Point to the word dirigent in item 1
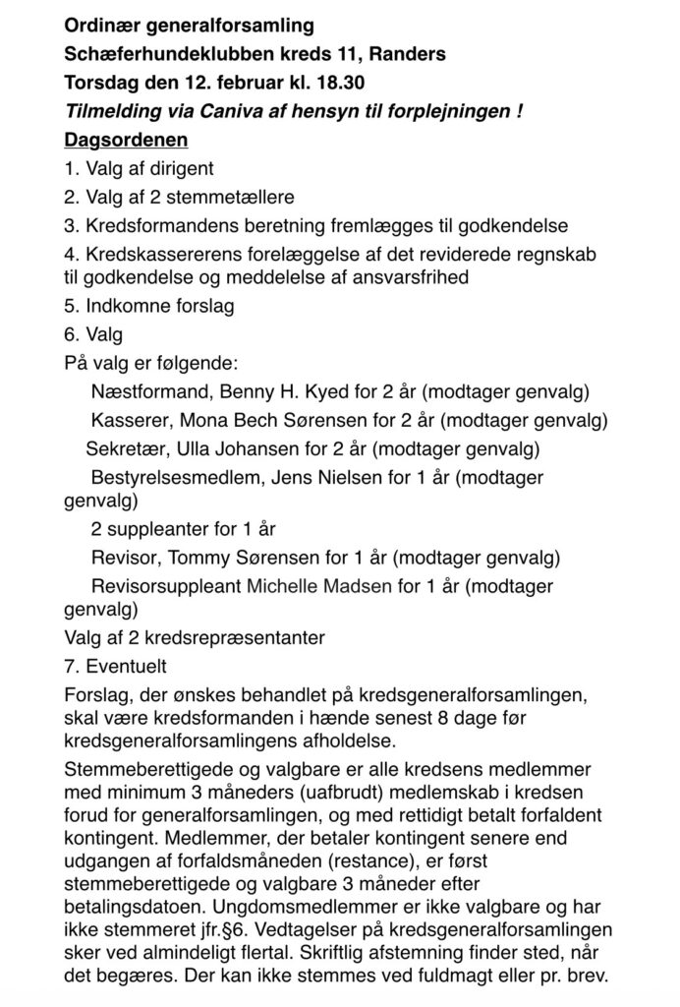(x=181, y=168)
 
